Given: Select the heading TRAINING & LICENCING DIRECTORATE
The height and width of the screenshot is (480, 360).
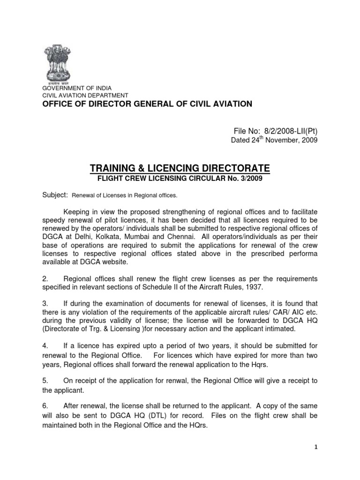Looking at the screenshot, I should point(180,168).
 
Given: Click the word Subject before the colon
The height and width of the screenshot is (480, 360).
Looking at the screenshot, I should point(52,195).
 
